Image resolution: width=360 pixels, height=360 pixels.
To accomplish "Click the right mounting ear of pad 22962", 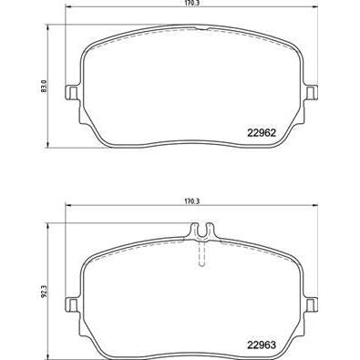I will click(313, 93).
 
